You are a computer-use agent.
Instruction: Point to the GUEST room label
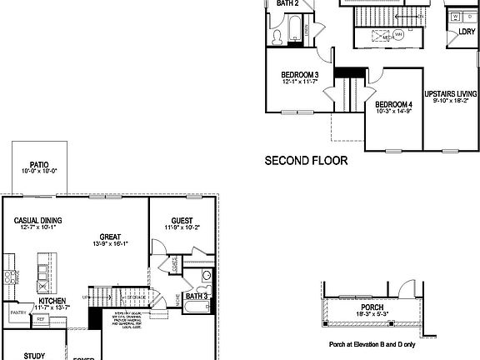click(182, 221)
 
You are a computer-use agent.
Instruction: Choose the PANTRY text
click(18, 314)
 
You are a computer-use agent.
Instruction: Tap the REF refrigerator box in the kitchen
click(40, 318)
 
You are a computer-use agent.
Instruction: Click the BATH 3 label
click(197, 296)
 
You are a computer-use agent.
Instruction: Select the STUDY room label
click(35, 354)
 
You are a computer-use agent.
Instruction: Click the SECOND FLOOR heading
click(306, 161)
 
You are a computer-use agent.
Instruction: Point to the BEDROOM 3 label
click(299, 74)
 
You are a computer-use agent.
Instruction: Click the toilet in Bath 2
click(277, 36)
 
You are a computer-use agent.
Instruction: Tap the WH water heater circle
click(397, 34)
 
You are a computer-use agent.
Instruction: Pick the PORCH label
click(372, 307)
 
